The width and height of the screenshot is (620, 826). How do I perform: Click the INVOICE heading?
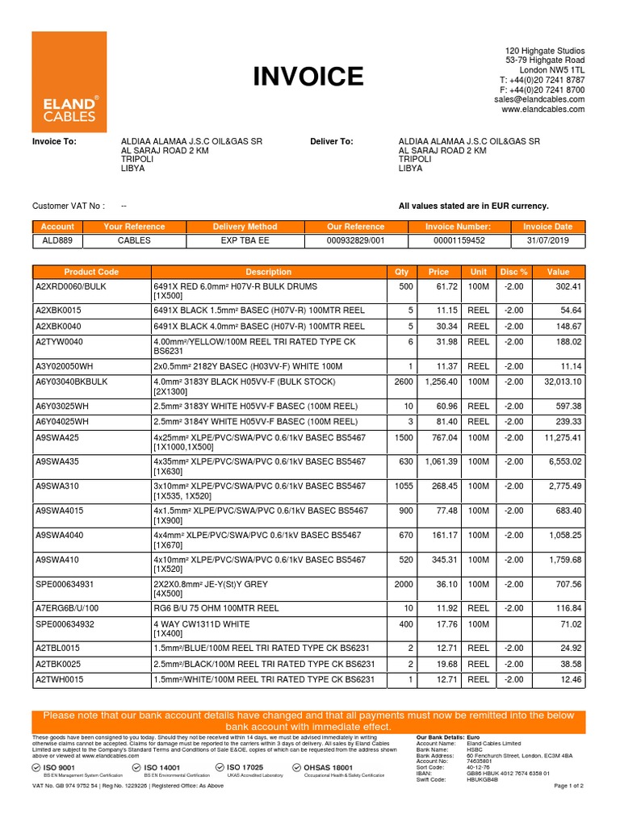point(308,77)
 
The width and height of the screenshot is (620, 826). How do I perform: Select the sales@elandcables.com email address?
point(540,99)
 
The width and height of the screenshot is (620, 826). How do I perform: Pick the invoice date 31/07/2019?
point(548,240)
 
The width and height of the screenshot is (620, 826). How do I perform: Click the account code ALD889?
point(57,240)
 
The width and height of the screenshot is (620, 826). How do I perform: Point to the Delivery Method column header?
point(245,227)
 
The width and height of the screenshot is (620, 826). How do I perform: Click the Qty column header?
point(402,272)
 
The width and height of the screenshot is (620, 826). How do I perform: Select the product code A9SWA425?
point(57,438)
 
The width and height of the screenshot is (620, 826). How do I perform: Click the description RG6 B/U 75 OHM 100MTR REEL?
point(216,607)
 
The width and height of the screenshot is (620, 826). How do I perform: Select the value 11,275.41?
point(558,438)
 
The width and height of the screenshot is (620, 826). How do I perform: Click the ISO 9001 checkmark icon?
point(37,767)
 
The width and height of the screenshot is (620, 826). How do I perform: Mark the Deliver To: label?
point(332,141)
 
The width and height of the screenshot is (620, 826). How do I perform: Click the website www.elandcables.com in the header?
point(543,109)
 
